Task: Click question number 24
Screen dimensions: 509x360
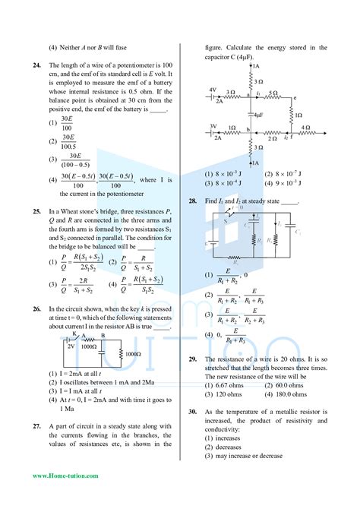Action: [x=36, y=65]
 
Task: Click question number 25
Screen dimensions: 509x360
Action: [x=36, y=209]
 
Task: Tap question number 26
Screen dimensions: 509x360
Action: [x=36, y=309]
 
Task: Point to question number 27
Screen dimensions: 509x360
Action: [x=36, y=427]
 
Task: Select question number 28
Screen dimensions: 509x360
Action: [x=194, y=201]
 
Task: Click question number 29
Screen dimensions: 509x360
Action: [x=194, y=358]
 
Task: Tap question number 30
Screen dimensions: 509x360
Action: [x=194, y=411]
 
